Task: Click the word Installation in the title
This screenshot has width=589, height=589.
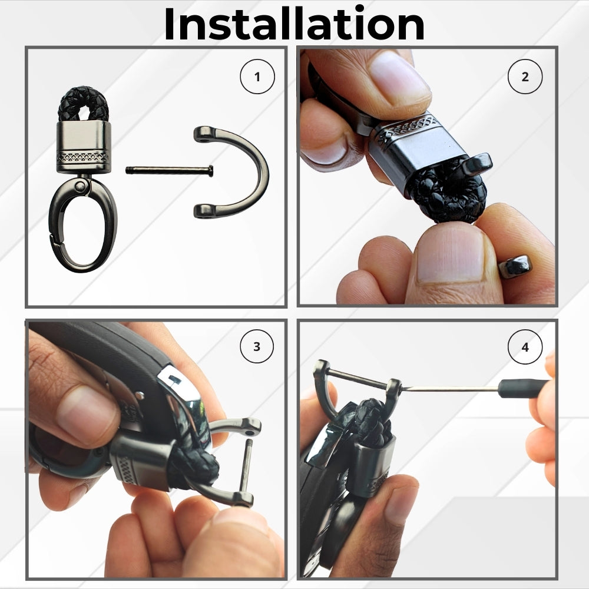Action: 294,24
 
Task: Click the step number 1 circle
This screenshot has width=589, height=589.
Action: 257,77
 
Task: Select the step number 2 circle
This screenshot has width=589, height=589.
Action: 525,77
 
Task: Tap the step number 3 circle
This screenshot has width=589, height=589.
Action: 257,346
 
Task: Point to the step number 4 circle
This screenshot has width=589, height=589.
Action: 525,346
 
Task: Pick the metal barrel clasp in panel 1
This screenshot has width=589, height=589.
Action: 84,147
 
